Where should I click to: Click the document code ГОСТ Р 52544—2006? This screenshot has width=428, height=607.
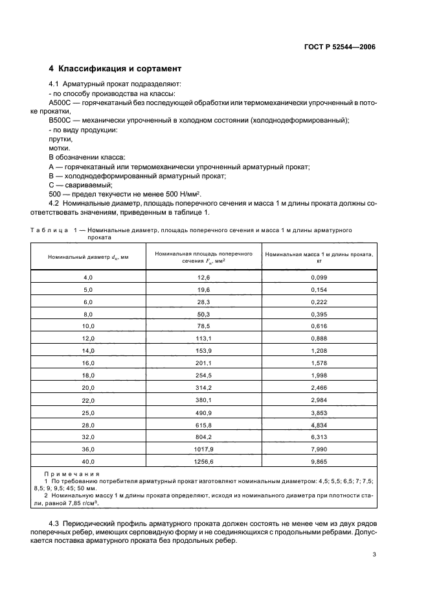click(340, 47)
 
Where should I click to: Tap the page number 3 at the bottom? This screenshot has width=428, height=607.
click(374, 554)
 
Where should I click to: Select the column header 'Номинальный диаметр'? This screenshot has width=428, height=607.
click(88, 257)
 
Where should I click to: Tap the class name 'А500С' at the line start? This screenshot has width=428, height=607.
click(60, 103)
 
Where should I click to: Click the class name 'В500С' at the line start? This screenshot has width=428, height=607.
click(60, 121)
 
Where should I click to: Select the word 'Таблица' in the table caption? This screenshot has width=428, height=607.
click(50, 230)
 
